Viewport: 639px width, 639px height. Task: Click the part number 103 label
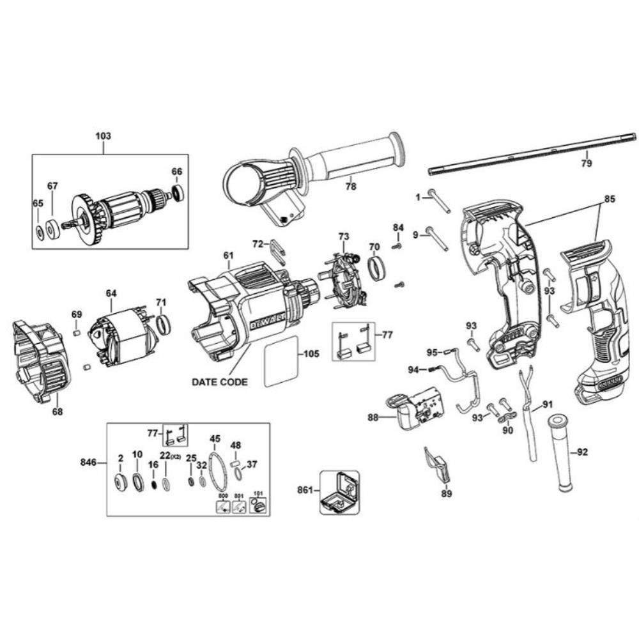tap(103, 136)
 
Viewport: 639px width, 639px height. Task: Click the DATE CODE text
tap(219, 381)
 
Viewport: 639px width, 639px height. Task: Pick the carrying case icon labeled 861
tap(339, 493)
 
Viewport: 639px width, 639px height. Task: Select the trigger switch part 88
tap(415, 410)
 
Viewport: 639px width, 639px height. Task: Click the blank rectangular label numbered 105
tap(281, 361)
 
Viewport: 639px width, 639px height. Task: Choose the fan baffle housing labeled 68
tap(42, 361)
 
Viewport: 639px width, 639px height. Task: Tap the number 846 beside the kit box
tap(89, 462)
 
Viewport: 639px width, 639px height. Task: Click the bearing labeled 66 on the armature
tap(178, 191)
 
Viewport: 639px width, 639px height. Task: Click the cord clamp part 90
tap(507, 417)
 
